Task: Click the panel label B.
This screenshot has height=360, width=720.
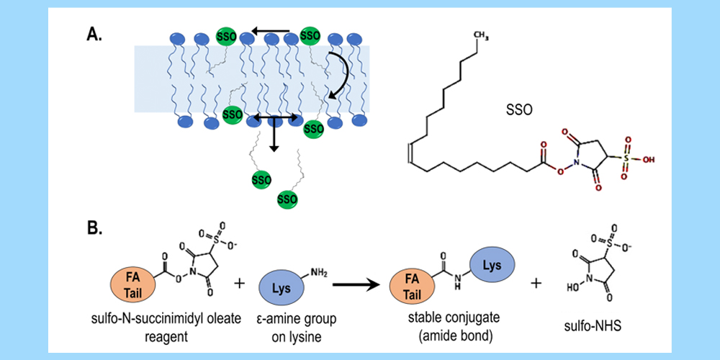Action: click(95, 229)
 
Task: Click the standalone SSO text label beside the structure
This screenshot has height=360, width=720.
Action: click(518, 113)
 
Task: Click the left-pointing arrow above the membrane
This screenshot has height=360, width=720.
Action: click(270, 32)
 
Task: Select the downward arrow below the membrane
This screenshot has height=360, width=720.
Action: click(274, 137)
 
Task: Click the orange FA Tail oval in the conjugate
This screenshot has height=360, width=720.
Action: click(413, 288)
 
